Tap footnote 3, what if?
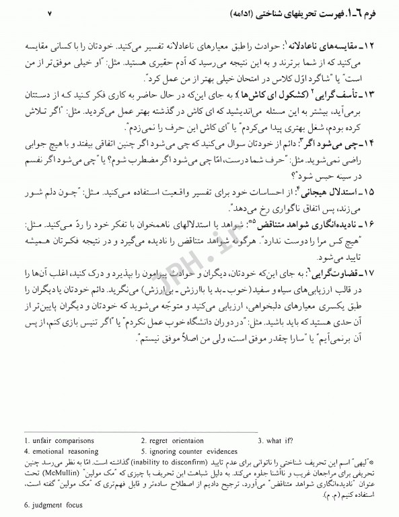click(276, 441)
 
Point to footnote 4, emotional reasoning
click(60, 451)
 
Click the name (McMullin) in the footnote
click(77, 473)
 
